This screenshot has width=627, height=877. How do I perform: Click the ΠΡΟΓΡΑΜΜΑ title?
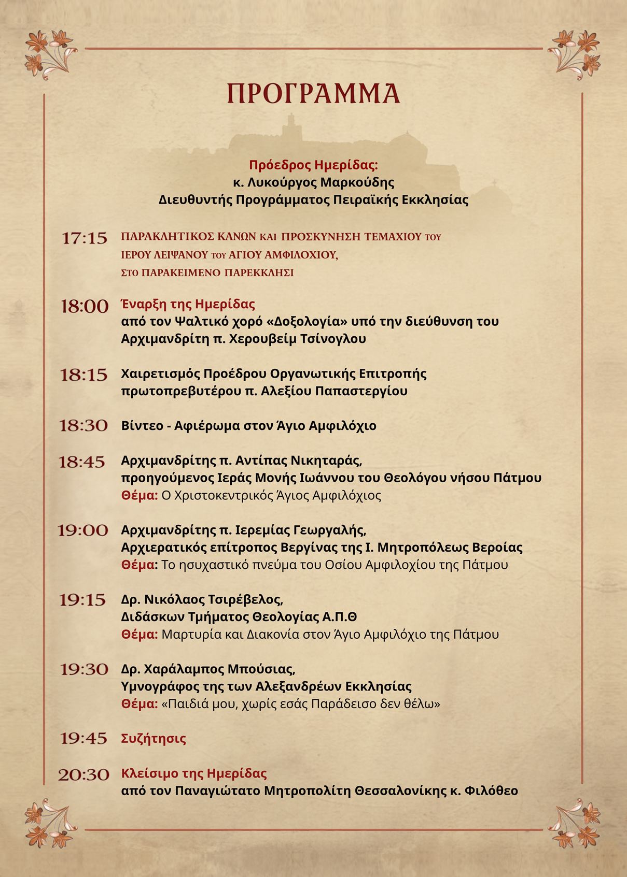point(313,94)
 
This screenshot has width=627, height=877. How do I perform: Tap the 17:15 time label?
point(85,238)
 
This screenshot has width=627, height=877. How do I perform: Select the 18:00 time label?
point(85,306)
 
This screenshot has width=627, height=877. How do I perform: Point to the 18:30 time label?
point(83,426)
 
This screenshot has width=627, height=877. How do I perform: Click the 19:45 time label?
point(83,738)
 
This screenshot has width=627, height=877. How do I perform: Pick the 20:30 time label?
point(83,775)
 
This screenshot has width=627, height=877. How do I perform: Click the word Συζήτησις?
point(154,738)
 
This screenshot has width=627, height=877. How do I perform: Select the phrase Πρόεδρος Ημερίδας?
point(313,165)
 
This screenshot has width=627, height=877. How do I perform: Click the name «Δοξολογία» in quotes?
point(307,321)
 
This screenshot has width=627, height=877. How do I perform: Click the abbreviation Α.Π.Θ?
point(340,617)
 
